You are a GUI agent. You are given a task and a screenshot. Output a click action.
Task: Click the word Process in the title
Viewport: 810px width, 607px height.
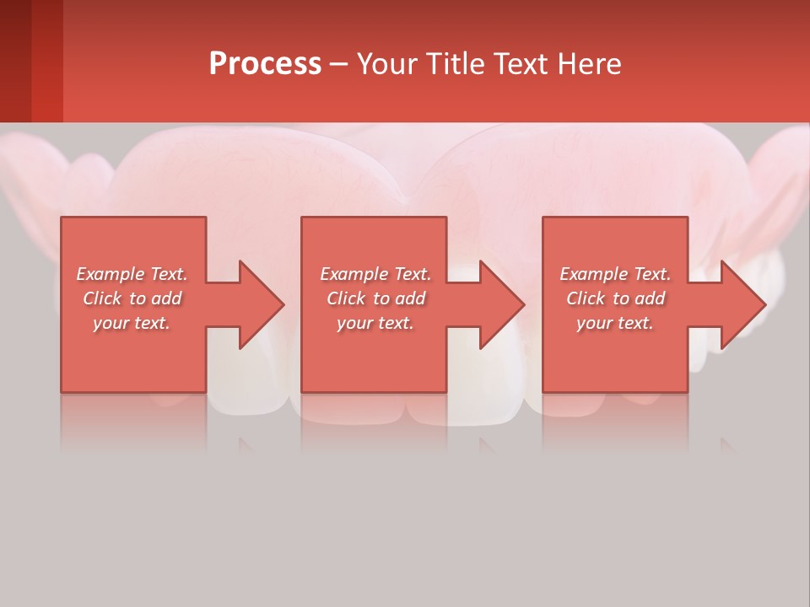click(x=264, y=64)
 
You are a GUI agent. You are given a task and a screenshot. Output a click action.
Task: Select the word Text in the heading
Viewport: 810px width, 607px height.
click(x=520, y=64)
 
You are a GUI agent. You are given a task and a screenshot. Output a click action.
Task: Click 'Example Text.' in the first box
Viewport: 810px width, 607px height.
click(x=132, y=274)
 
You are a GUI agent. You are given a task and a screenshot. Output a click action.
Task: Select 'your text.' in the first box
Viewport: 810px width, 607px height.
click(x=132, y=323)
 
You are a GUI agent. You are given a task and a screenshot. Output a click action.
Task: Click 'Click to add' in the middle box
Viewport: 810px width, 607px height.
click(x=375, y=298)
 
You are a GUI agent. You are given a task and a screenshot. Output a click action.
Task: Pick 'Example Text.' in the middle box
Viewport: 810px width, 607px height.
click(x=375, y=274)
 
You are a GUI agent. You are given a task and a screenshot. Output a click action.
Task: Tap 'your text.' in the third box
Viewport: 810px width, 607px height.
click(x=615, y=323)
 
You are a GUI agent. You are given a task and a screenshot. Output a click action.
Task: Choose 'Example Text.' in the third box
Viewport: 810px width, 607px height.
click(x=615, y=274)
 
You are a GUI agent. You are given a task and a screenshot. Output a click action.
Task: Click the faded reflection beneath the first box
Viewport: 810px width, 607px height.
click(x=133, y=422)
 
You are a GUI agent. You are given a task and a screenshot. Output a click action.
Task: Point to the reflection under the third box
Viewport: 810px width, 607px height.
click(x=615, y=422)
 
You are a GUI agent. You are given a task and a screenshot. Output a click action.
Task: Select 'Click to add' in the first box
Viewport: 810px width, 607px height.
click(x=132, y=298)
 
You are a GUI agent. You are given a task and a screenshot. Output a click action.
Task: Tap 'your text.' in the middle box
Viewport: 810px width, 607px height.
click(x=375, y=323)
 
